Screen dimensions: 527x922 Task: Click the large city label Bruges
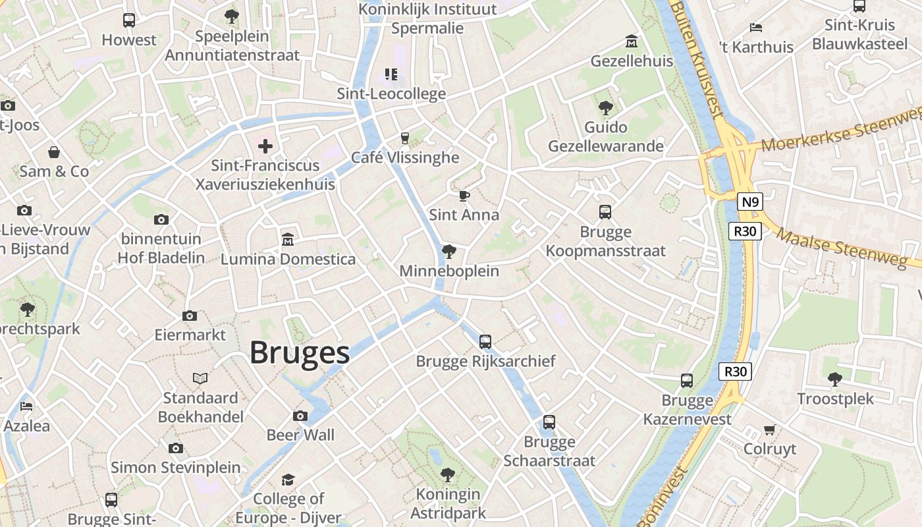point(300,353)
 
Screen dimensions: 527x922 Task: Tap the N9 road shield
point(749,202)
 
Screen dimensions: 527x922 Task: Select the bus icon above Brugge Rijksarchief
point(485,341)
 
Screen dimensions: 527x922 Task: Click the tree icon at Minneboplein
point(449,251)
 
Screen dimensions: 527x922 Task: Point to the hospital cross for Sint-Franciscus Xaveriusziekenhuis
point(265,146)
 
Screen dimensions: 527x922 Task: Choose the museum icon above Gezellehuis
point(632,42)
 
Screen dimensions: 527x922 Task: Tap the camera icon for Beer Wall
point(300,416)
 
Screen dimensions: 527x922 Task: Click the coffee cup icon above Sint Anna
point(464,196)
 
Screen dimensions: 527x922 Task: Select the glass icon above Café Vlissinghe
point(405,138)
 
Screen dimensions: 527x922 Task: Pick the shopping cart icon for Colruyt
point(769,430)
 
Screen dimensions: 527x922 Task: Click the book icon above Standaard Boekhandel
point(200,378)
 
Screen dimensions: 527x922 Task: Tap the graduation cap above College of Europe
point(288,480)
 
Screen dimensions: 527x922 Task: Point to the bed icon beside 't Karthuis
point(756,28)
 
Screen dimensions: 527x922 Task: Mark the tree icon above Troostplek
point(835,379)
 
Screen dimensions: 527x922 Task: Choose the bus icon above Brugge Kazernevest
point(687,380)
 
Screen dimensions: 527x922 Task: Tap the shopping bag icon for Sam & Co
point(54,152)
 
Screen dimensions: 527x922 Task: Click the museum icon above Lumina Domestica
point(288,238)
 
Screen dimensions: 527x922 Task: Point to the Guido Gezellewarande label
point(605,136)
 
